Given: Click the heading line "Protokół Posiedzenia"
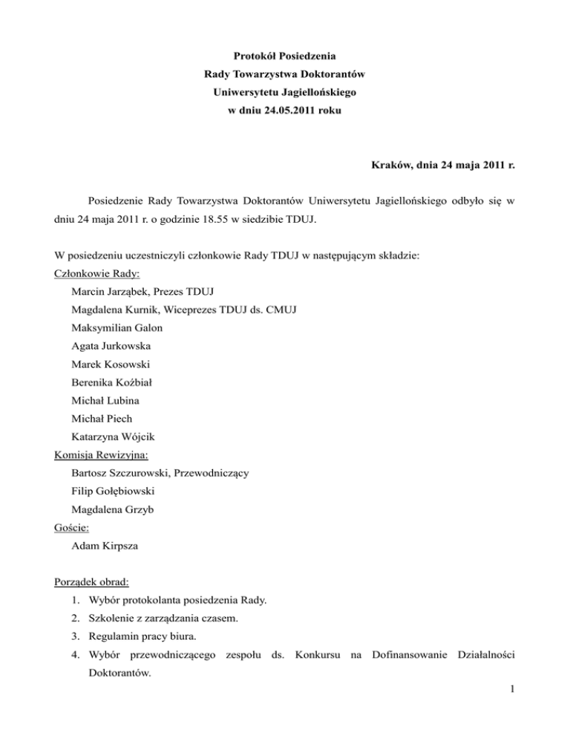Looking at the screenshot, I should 284,56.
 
